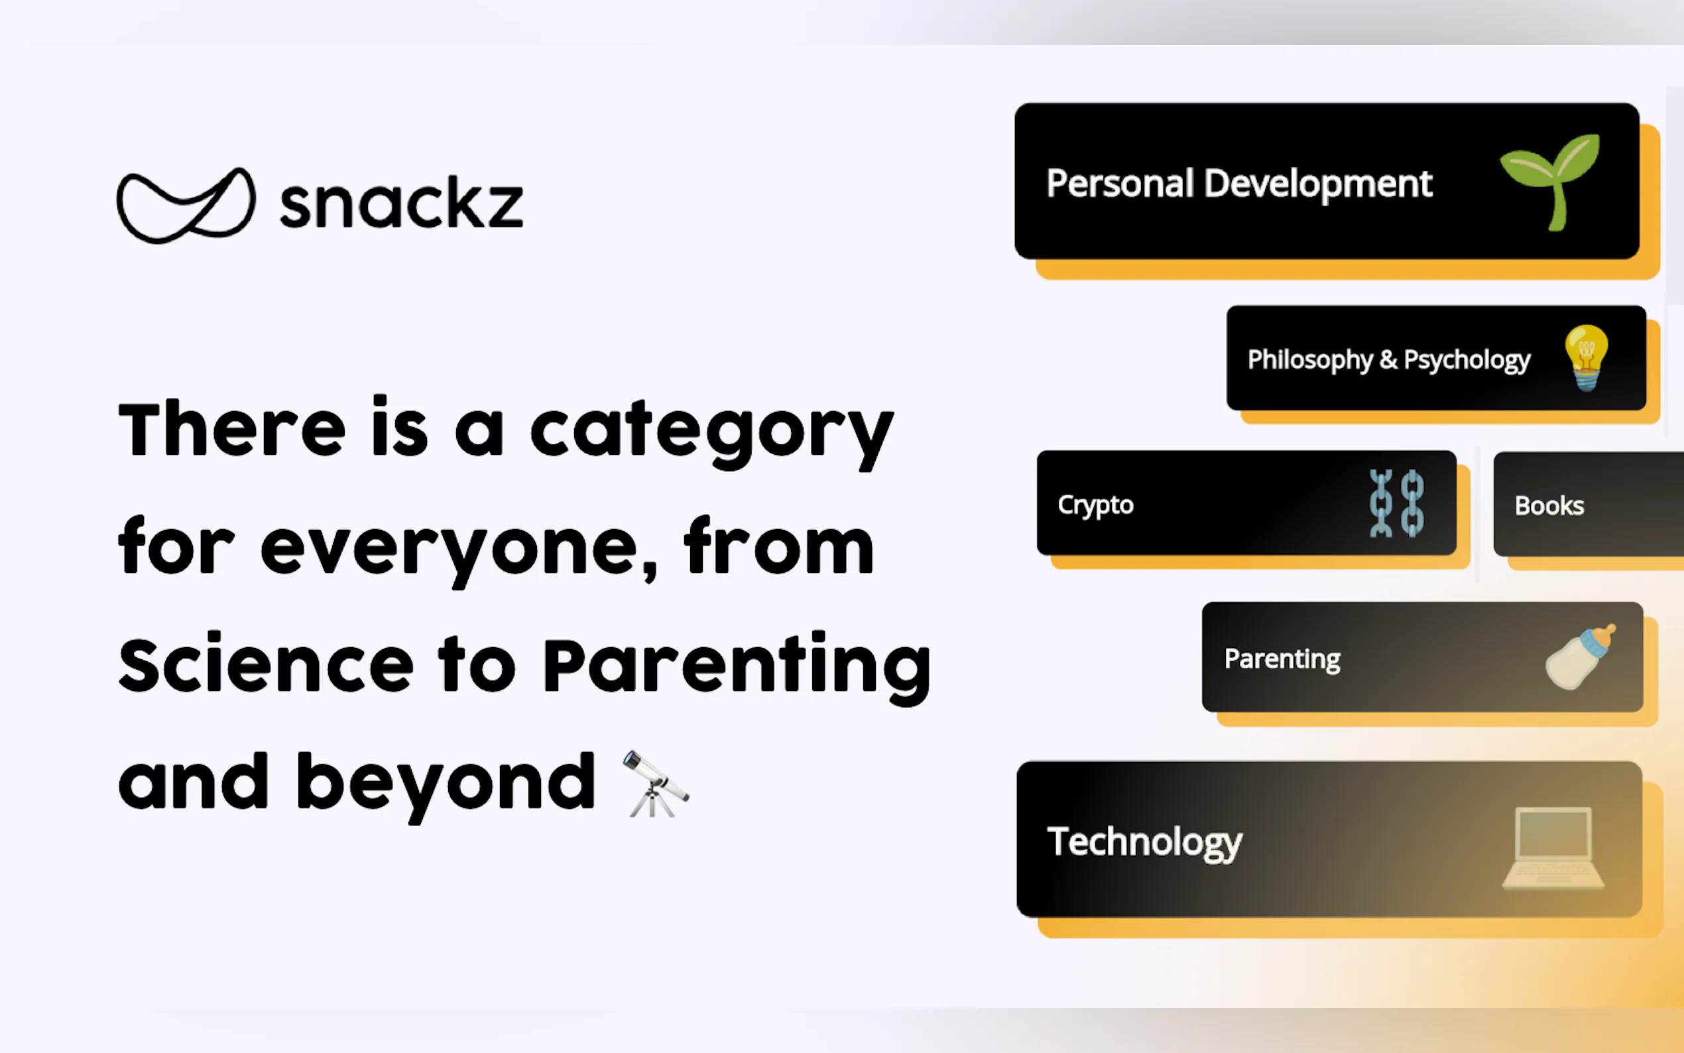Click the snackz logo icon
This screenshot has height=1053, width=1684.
[186, 206]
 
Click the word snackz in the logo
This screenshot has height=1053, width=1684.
[401, 205]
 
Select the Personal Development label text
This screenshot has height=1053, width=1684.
[1238, 184]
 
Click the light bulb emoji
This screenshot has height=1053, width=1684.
[1586, 357]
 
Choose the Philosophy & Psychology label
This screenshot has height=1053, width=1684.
[1388, 359]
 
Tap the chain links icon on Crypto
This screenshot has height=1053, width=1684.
[1396, 503]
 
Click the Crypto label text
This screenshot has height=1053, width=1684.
[1095, 504]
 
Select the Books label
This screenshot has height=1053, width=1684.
[1549, 505]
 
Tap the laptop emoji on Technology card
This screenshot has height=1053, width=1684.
[1553, 847]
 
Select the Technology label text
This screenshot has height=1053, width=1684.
[1144, 841]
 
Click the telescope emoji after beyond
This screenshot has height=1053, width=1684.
[654, 784]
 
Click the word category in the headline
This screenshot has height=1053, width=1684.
[711, 432]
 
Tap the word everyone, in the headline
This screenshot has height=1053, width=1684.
[459, 549]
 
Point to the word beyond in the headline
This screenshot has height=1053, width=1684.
[446, 784]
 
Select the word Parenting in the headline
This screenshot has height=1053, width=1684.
[737, 665]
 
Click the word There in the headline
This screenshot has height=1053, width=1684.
[232, 429]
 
